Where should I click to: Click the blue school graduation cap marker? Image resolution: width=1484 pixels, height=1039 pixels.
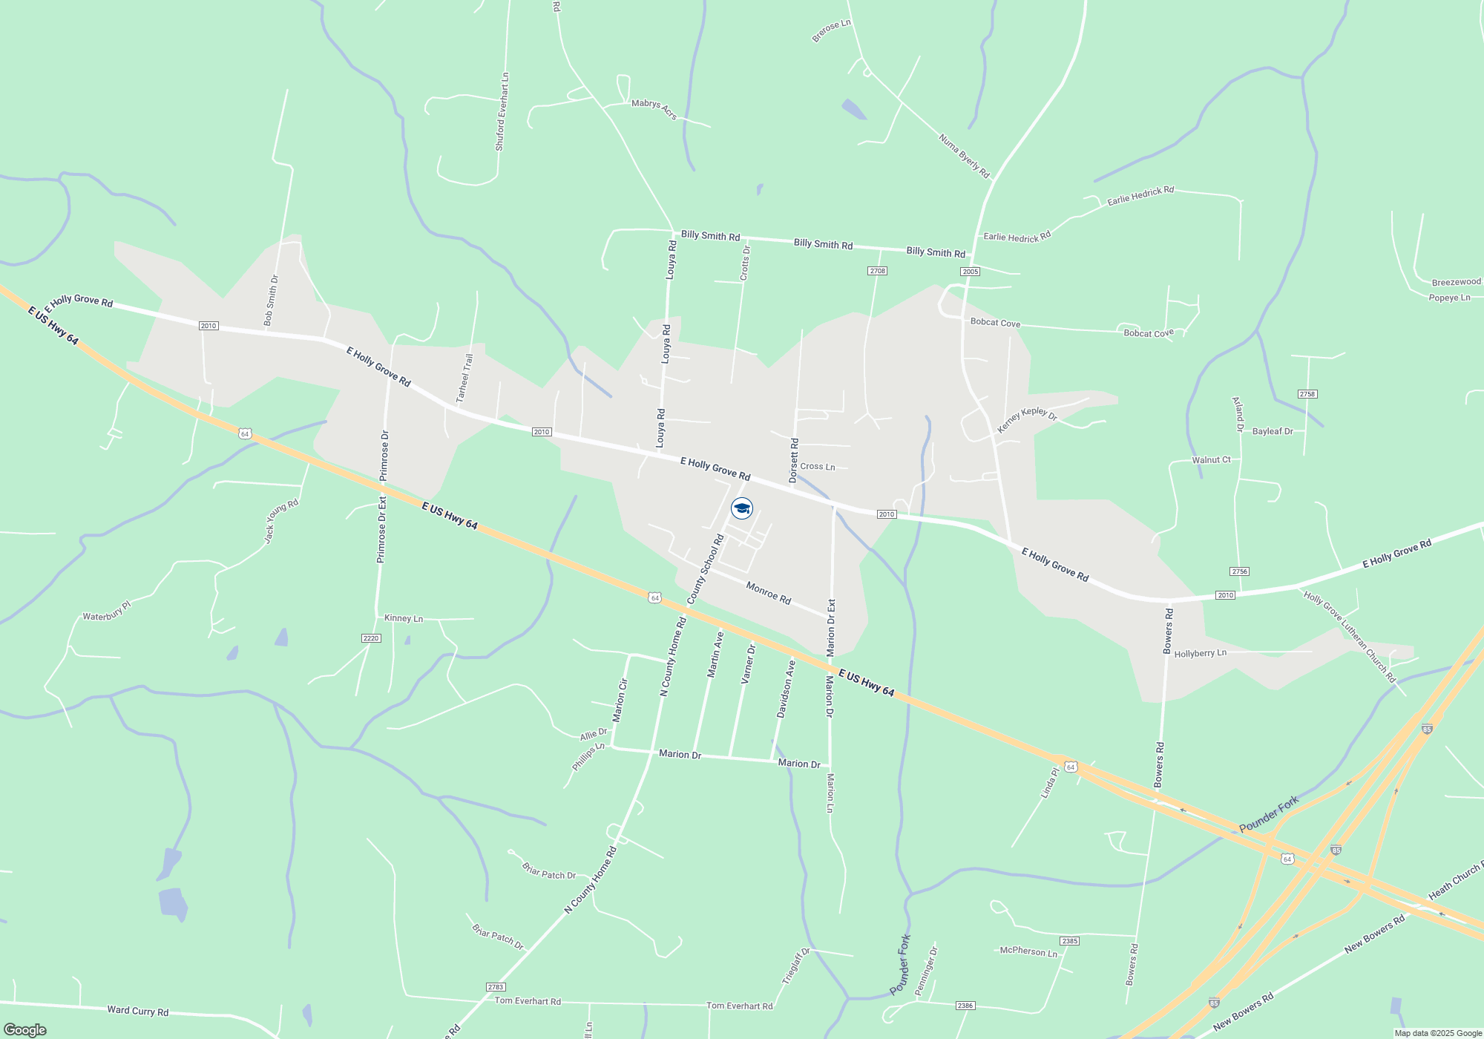(742, 508)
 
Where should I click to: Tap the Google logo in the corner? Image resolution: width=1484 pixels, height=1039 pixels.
(25, 1029)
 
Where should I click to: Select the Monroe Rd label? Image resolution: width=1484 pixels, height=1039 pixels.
(769, 594)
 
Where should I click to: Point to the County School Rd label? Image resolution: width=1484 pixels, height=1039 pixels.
(706, 569)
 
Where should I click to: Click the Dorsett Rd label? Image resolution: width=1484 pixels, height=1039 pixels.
(794, 461)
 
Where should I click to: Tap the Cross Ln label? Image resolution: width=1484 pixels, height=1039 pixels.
(818, 467)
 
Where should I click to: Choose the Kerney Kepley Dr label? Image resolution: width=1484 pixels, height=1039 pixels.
(1027, 419)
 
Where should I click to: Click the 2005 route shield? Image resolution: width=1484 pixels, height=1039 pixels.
(971, 272)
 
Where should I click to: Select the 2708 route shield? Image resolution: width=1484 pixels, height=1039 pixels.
(878, 271)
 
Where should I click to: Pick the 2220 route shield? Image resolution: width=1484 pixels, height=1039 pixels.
(371, 638)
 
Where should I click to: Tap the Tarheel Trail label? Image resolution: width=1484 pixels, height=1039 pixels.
(464, 378)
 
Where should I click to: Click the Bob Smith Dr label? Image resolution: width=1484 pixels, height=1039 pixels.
(271, 301)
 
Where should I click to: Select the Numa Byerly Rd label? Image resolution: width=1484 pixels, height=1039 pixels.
(965, 156)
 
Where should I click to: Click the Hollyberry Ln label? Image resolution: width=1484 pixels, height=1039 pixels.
(1201, 654)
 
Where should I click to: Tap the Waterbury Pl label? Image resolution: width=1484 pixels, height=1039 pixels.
(106, 612)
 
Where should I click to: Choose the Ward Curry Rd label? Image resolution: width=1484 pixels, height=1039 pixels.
(138, 1011)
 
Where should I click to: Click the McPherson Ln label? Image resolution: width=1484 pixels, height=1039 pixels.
(1028, 951)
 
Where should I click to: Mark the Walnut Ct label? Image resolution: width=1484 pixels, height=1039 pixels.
(1211, 460)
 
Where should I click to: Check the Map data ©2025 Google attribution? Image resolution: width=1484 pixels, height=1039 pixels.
(1438, 1033)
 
